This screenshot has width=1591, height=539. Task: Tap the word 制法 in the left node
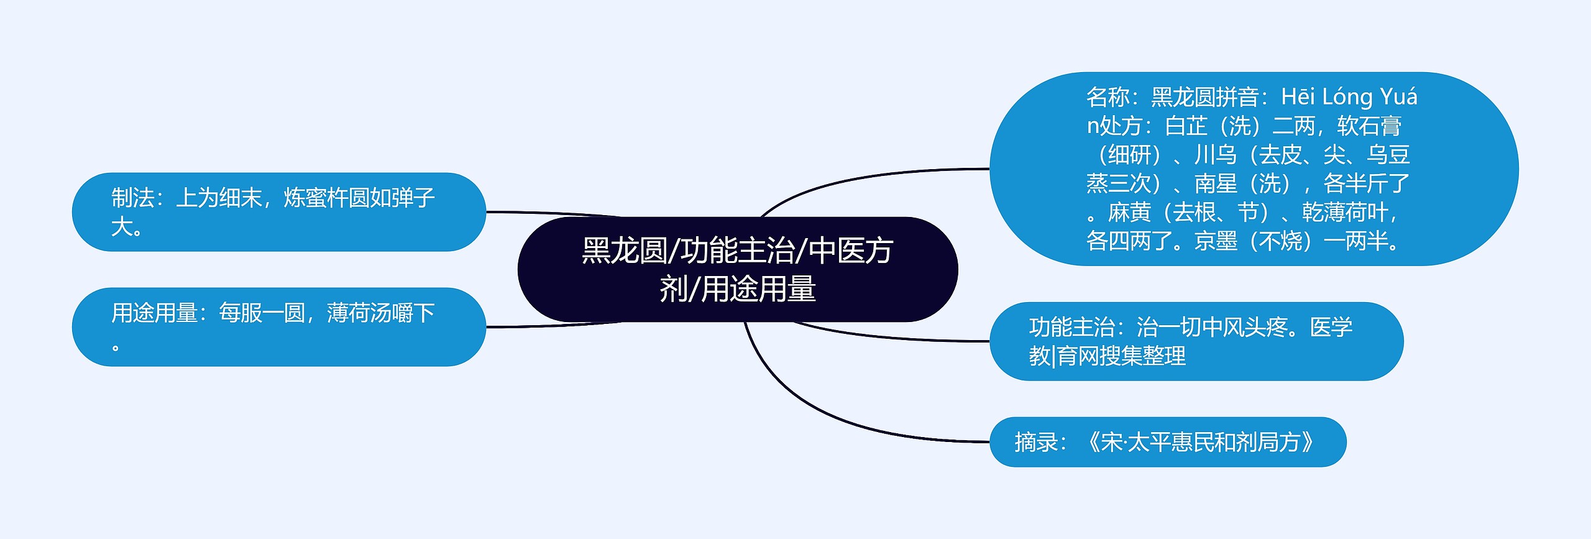pyautogui.click(x=132, y=198)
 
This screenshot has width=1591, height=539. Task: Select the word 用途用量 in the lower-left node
pyautogui.click(x=154, y=313)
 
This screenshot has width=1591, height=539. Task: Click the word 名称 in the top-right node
pyautogui.click(x=1107, y=98)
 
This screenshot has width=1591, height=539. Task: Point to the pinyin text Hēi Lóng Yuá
pyautogui.click(x=1349, y=98)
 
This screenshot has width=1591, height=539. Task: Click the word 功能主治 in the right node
pyautogui.click(x=1071, y=328)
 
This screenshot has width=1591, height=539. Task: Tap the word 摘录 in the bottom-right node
pyautogui.click(x=1035, y=443)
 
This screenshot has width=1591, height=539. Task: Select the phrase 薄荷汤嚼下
pyautogui.click(x=380, y=313)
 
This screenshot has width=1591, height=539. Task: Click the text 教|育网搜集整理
pyautogui.click(x=1107, y=356)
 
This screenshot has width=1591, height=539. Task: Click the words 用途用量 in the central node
pyautogui.click(x=758, y=290)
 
